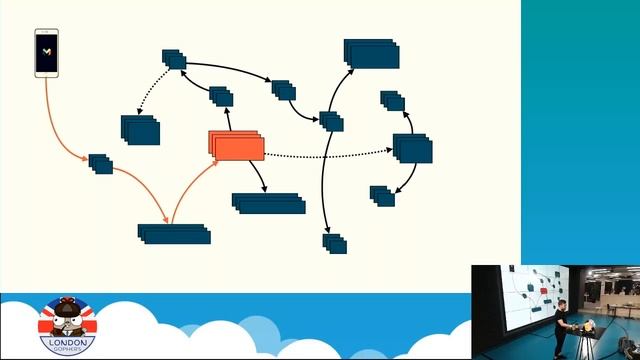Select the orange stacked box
[x=237, y=146]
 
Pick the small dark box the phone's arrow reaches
[x=100, y=162]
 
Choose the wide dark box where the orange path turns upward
[x=174, y=233]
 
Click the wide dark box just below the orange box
[x=268, y=203]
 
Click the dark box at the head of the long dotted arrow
[x=412, y=148]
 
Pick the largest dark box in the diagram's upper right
[x=371, y=53]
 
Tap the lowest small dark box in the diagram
[x=334, y=242]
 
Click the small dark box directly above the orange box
[x=221, y=96]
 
